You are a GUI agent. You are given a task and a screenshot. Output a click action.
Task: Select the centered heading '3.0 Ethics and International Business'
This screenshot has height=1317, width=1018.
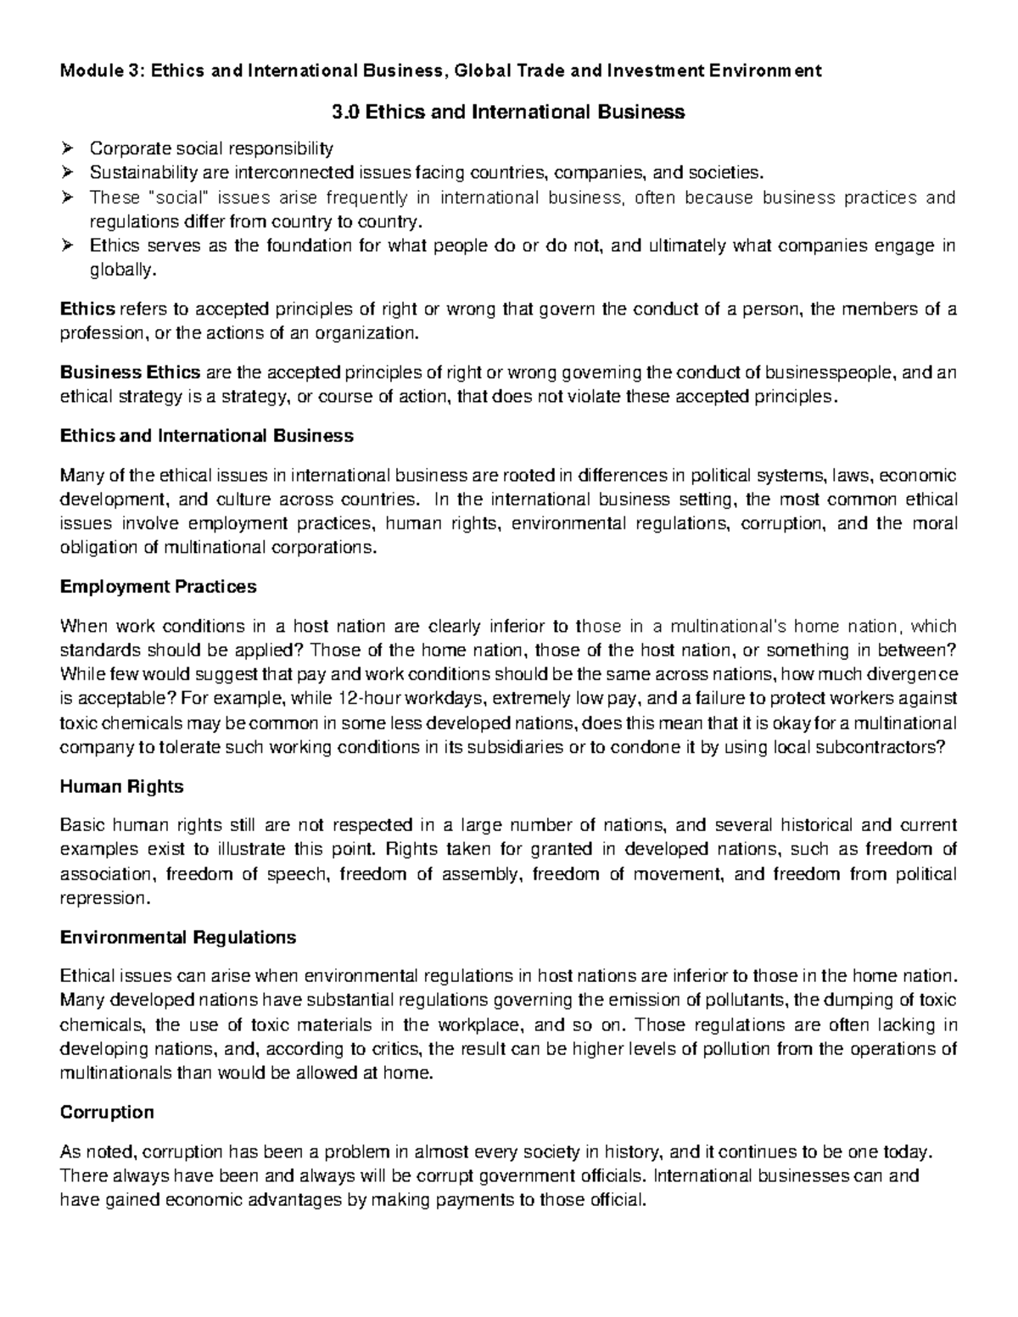(x=506, y=112)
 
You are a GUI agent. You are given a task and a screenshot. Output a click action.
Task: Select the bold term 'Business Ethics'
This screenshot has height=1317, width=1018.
(x=131, y=372)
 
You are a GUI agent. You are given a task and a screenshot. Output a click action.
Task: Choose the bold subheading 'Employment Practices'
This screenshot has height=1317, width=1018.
(x=158, y=587)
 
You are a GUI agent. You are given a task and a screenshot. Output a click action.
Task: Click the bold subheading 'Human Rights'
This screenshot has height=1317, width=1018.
(x=122, y=786)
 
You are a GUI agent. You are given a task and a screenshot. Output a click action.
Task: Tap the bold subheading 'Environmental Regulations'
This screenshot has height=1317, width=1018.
(x=178, y=937)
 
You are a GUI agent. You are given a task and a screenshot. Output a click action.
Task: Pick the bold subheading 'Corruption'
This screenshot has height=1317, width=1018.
(x=107, y=1112)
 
